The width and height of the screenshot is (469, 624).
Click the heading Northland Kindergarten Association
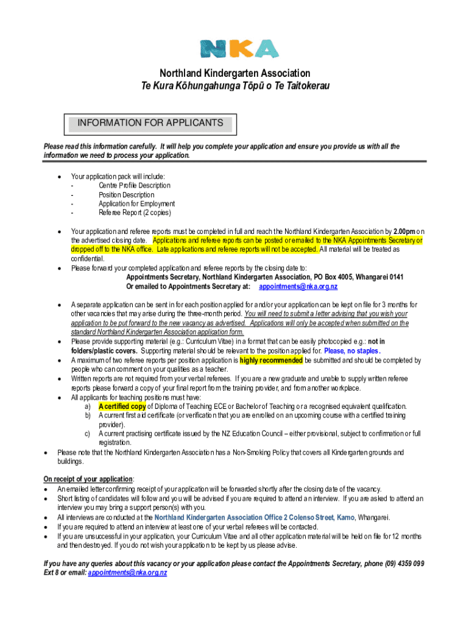point(234,74)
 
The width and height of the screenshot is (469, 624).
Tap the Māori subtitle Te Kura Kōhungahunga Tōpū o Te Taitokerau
point(234,87)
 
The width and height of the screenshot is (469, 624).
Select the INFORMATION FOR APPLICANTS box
point(150,124)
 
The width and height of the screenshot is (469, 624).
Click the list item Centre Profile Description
point(135,185)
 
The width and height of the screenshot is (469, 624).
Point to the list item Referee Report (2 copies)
point(135,213)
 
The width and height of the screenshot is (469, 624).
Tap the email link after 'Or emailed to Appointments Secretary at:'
point(298,286)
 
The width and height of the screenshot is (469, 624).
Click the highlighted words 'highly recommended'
point(271,360)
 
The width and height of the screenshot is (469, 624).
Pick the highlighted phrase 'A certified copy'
point(122,406)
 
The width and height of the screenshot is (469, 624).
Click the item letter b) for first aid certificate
point(88,415)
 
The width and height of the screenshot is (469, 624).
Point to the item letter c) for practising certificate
point(88,433)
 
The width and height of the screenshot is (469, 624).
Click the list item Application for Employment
point(137,204)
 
